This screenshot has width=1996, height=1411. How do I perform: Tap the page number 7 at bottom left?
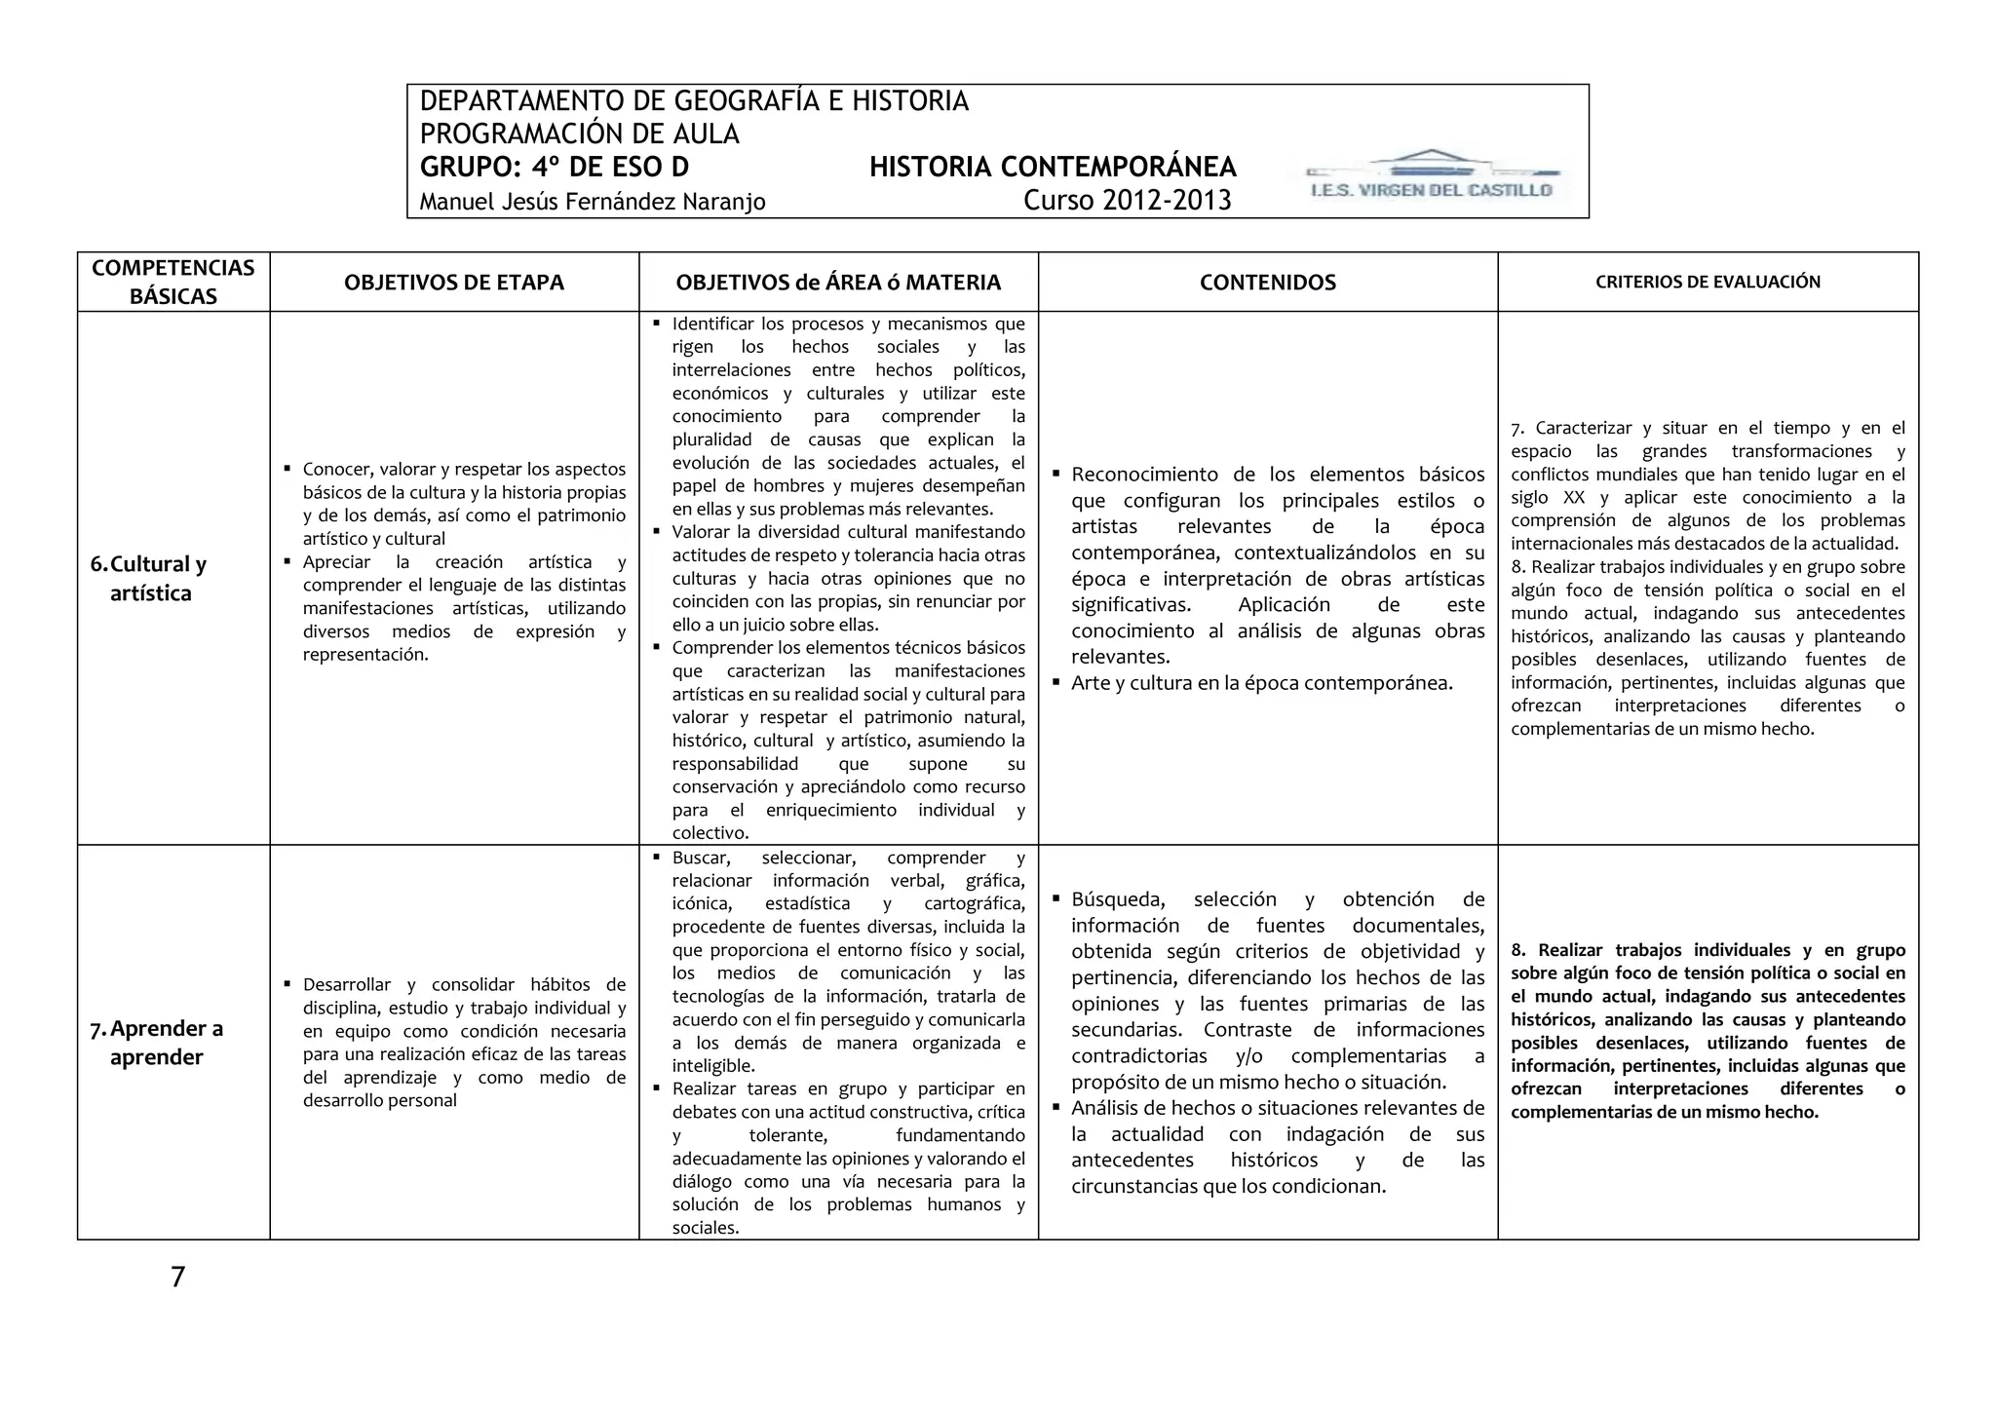click(177, 1277)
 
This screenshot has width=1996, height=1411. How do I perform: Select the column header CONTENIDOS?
click(1267, 283)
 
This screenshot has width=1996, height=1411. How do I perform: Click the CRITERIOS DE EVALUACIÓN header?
click(1708, 283)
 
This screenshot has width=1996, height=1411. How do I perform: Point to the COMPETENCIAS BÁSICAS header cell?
click(173, 282)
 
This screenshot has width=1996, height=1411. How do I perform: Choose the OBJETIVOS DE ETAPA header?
click(454, 283)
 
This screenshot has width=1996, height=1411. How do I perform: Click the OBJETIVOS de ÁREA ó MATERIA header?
click(838, 283)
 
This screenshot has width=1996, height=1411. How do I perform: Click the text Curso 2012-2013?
click(1127, 201)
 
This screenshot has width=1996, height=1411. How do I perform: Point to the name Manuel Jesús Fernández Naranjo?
click(592, 202)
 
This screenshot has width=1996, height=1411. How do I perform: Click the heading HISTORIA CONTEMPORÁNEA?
click(1053, 168)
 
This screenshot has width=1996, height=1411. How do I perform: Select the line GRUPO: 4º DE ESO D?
click(554, 168)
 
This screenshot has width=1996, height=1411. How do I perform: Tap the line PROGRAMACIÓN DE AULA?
click(579, 134)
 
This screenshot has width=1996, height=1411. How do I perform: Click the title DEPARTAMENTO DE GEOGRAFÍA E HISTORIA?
click(693, 101)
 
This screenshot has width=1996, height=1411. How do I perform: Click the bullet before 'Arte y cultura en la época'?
click(1056, 681)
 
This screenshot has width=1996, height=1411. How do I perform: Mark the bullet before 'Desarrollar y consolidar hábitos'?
click(288, 983)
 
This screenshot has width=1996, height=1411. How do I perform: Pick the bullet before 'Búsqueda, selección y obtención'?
click(1056, 897)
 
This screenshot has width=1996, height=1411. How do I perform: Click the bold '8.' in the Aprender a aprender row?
click(1518, 950)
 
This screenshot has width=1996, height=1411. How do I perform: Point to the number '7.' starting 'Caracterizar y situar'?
click(1517, 429)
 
